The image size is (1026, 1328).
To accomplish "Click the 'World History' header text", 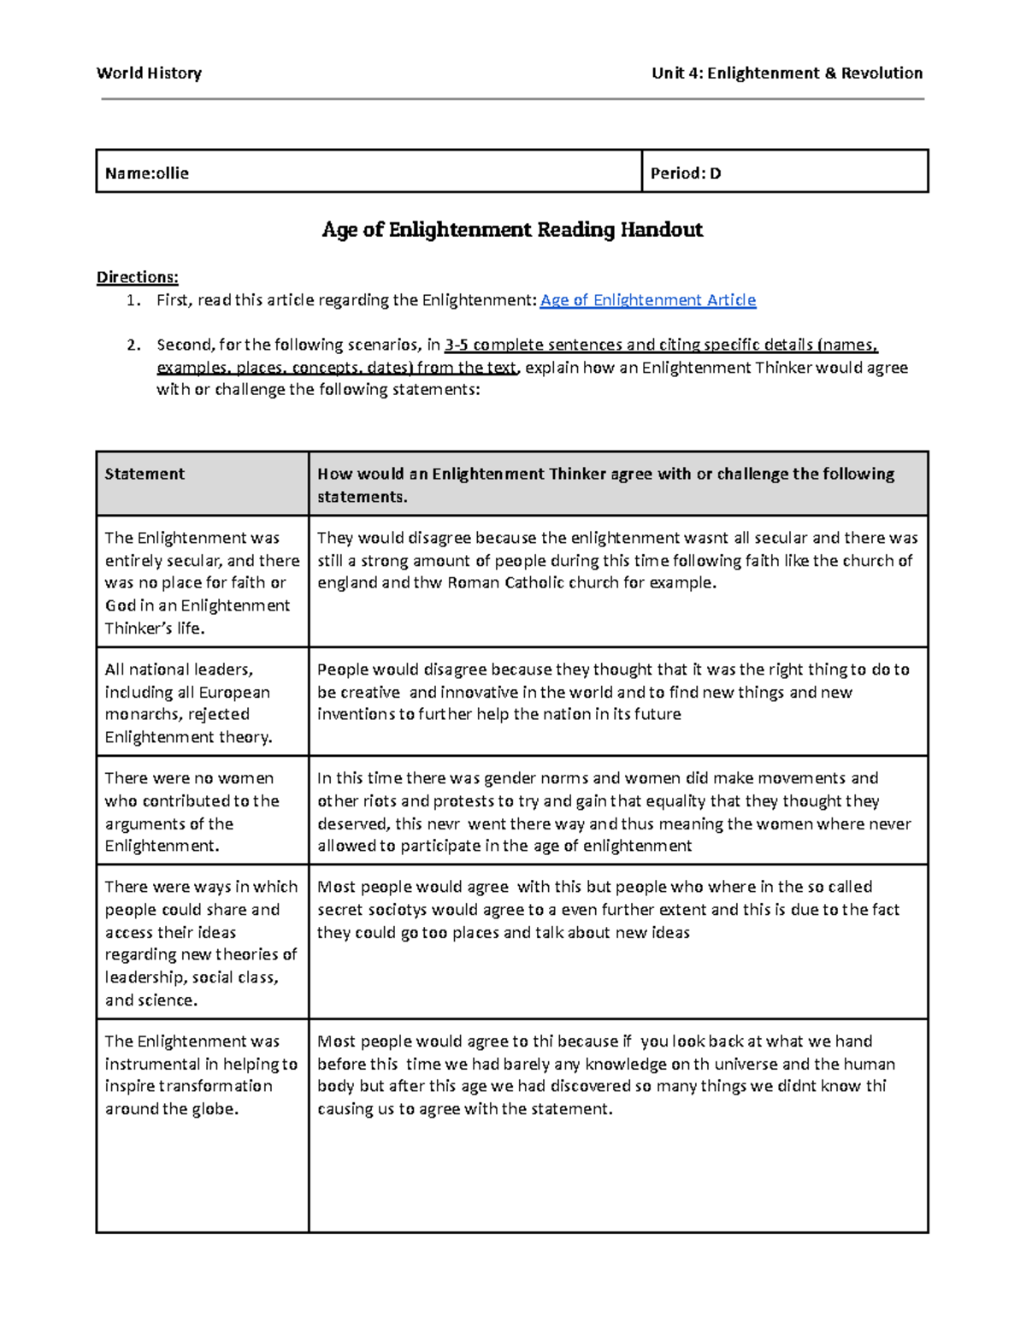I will pyautogui.click(x=149, y=74).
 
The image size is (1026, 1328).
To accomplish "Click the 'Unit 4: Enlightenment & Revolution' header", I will pyautogui.click(x=787, y=74).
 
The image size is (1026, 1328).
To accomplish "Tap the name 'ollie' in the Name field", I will pyautogui.click(x=172, y=174).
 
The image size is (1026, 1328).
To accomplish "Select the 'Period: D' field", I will pyautogui.click(x=686, y=174).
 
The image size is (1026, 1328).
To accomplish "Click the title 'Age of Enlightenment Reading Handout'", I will pyautogui.click(x=512, y=230).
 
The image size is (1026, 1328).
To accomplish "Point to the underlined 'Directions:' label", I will pyautogui.click(x=137, y=277).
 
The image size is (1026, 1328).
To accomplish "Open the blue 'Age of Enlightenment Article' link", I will pyautogui.click(x=648, y=300).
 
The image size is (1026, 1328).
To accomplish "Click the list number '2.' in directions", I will pyautogui.click(x=133, y=345).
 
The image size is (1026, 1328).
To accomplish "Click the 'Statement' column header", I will pyautogui.click(x=144, y=475).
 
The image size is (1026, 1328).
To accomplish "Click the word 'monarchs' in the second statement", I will pyautogui.click(x=139, y=715).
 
